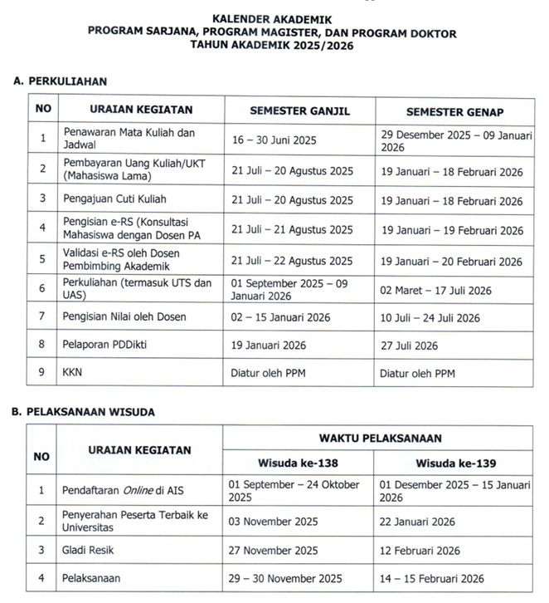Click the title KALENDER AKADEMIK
274,17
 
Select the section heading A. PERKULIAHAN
61,81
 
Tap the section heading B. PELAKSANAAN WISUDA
84,411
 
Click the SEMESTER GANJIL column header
299,110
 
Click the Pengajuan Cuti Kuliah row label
114,200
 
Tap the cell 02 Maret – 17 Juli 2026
435,290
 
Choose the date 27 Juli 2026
409,346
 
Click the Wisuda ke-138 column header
298,463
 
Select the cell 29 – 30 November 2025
286,579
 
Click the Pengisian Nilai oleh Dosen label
125,316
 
